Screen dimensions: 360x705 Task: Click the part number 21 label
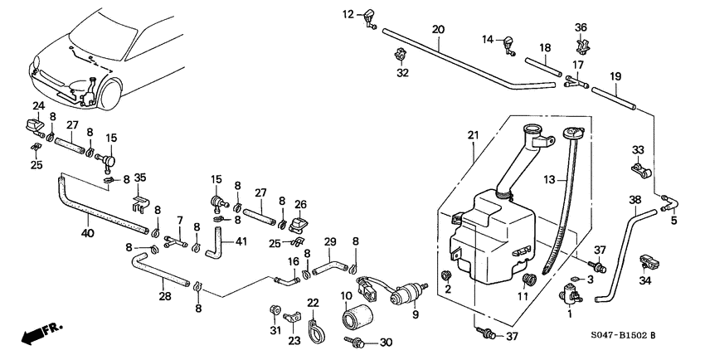coord(473,135)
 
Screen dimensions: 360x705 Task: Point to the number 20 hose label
coord(438,29)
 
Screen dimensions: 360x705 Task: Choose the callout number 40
coord(89,234)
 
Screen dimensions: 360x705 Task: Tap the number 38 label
coord(634,200)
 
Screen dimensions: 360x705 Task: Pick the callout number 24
coord(37,105)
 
